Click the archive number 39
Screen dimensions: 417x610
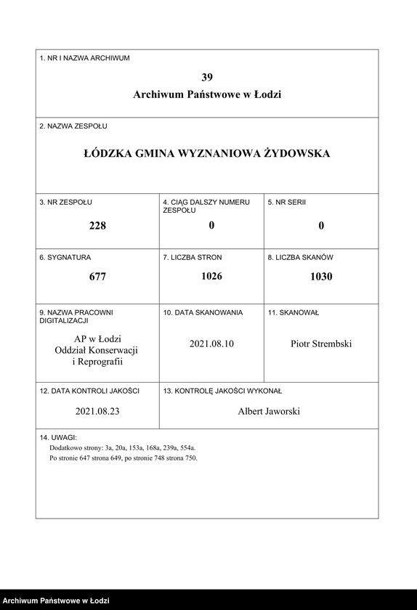point(207,77)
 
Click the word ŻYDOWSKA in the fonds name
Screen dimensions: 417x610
point(296,153)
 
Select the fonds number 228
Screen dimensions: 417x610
point(97,225)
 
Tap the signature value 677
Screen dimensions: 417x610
point(97,277)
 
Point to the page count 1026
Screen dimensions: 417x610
point(211,276)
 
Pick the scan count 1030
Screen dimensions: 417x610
point(320,277)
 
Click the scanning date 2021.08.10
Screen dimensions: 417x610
point(211,343)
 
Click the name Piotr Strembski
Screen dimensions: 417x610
point(320,343)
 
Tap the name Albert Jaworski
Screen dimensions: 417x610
point(269,411)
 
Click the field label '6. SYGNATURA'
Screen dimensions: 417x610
point(65,257)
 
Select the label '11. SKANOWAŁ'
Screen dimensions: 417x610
point(293,312)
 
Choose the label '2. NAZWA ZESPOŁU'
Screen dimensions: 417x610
point(73,126)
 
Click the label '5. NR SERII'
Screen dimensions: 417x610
point(287,201)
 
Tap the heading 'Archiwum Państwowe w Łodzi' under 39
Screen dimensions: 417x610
point(207,94)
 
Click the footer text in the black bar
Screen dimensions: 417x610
point(55,601)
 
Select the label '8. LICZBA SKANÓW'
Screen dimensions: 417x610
point(300,257)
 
